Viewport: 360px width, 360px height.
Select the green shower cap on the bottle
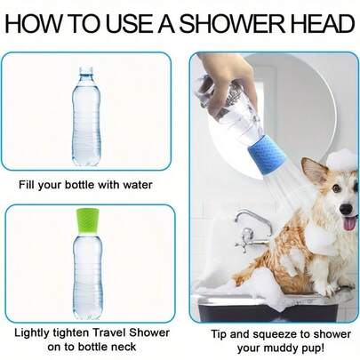coord(85,221)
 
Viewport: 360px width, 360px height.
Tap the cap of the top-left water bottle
coord(85,71)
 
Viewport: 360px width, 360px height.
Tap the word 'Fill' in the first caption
coord(28,185)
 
